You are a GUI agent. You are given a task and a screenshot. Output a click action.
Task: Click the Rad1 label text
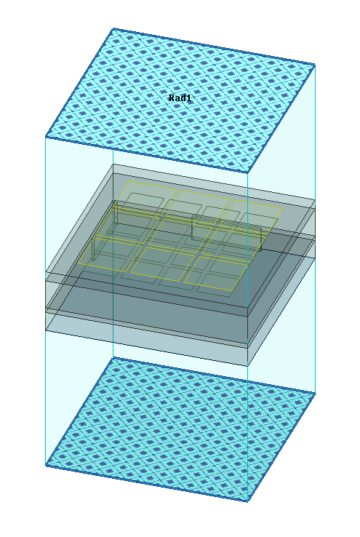tap(180, 98)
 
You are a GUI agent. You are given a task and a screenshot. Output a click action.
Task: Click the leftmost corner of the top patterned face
tap(46, 137)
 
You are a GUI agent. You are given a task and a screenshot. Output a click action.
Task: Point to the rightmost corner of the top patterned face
tap(315, 64)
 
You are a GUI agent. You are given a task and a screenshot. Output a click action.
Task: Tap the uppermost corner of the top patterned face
tap(113, 29)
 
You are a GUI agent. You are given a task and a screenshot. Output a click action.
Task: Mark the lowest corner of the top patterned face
tap(247, 173)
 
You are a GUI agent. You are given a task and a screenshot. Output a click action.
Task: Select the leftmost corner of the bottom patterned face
tap(46, 466)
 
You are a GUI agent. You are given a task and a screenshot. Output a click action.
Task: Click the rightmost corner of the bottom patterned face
tap(315, 393)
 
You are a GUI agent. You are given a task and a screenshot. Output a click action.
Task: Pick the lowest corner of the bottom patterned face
tap(247, 501)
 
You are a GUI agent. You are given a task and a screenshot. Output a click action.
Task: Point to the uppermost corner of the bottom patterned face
tap(113, 357)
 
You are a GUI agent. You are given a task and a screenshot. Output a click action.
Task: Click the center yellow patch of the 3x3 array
tap(180, 236)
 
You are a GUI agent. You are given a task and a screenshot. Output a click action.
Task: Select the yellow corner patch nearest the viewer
tap(215, 273)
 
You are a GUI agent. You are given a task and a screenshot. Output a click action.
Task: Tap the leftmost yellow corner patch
tap(109, 254)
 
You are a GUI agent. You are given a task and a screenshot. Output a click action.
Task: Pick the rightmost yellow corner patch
tap(251, 217)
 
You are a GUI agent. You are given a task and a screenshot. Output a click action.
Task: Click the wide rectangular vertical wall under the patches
tap(226, 234)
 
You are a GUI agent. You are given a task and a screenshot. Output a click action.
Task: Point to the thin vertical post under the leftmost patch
tap(93, 249)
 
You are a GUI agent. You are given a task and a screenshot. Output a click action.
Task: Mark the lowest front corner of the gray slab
tap(247, 366)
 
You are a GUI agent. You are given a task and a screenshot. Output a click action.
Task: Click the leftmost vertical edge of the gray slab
tap(46, 302)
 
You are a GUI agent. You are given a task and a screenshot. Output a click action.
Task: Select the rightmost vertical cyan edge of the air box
tap(315, 228)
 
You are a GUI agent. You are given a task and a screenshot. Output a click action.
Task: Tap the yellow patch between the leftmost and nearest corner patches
tap(162, 263)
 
